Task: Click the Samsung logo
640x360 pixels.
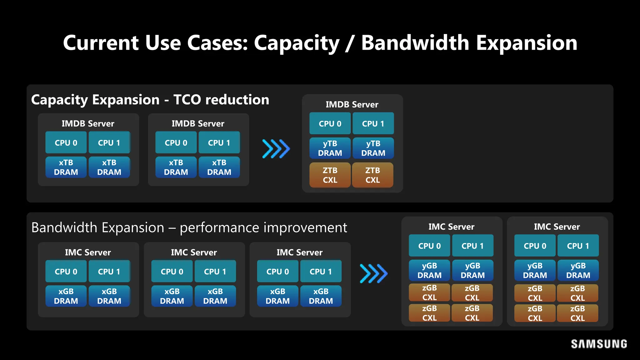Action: pyautogui.click(x=599, y=344)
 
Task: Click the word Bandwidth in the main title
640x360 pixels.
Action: pyautogui.click(x=415, y=43)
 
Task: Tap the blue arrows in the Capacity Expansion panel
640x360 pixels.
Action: pyautogui.click(x=276, y=149)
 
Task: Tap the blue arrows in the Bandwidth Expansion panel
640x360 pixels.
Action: pyautogui.click(x=373, y=274)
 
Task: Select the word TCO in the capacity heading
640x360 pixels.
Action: pyautogui.click(x=187, y=100)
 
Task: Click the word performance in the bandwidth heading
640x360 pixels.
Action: pyautogui.click(x=219, y=227)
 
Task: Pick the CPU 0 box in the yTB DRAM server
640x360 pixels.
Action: pyautogui.click(x=330, y=124)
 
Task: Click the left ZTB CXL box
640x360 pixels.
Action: pyautogui.click(x=330, y=175)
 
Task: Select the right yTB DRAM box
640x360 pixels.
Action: pyautogui.click(x=373, y=148)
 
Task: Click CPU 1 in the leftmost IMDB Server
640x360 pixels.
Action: pyautogui.click(x=109, y=143)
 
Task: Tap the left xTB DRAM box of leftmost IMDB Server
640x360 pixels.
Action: pyautogui.click(x=66, y=167)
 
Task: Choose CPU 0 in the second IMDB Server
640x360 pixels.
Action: pyautogui.click(x=176, y=143)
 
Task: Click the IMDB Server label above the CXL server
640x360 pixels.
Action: pyautogui.click(x=352, y=104)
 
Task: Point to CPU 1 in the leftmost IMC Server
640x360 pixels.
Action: pyautogui.click(x=109, y=272)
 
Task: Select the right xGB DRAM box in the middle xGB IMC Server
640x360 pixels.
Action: pyautogui.click(x=215, y=296)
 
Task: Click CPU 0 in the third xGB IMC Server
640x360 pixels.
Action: pyautogui.click(x=277, y=272)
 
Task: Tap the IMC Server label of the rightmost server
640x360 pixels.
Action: pyautogui.click(x=557, y=227)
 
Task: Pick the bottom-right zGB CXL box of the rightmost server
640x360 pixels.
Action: pyautogui.click(x=577, y=313)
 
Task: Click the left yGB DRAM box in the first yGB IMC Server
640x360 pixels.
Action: pyautogui.click(x=429, y=270)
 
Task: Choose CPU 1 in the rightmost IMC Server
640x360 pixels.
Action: pyautogui.click(x=578, y=246)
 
